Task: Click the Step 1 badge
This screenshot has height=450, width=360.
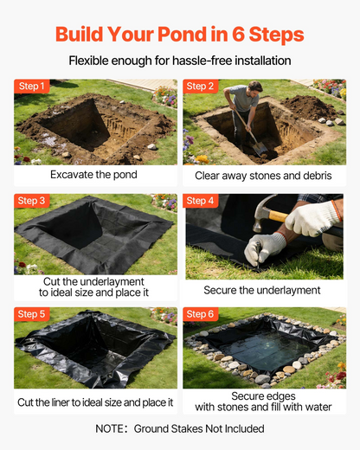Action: (x=31, y=86)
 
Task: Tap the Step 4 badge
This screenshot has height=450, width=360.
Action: (x=200, y=201)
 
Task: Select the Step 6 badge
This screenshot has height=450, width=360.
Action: (x=200, y=314)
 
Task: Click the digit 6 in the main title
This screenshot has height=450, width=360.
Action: (x=238, y=35)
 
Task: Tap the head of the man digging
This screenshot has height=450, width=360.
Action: (x=254, y=89)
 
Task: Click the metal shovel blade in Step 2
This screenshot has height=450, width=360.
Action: (x=260, y=150)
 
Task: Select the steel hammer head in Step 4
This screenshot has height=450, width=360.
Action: (x=263, y=210)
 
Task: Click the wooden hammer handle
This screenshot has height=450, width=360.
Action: (x=278, y=215)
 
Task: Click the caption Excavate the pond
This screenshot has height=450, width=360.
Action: (x=93, y=175)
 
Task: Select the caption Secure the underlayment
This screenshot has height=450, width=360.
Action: (x=262, y=290)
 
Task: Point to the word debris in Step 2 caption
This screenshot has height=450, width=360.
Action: (x=317, y=176)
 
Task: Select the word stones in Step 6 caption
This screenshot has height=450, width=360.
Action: (x=233, y=407)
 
